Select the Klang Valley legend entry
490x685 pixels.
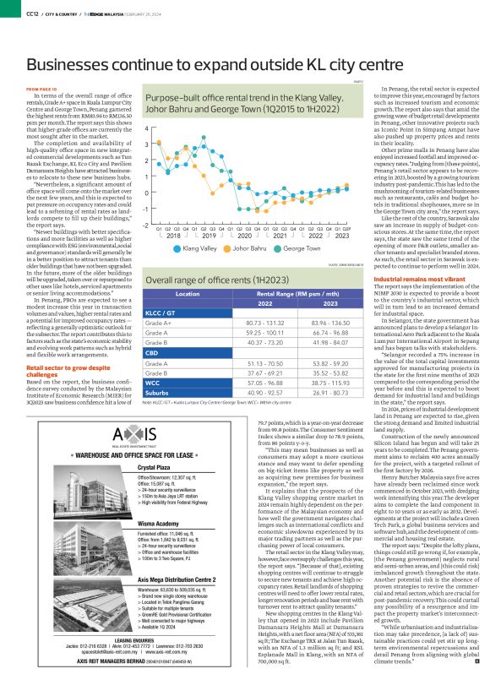[197, 249]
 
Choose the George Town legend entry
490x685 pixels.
[301, 249]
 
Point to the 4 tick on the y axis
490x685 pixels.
[147, 128]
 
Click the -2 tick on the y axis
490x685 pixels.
[146, 226]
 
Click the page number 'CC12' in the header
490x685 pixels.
[30, 12]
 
